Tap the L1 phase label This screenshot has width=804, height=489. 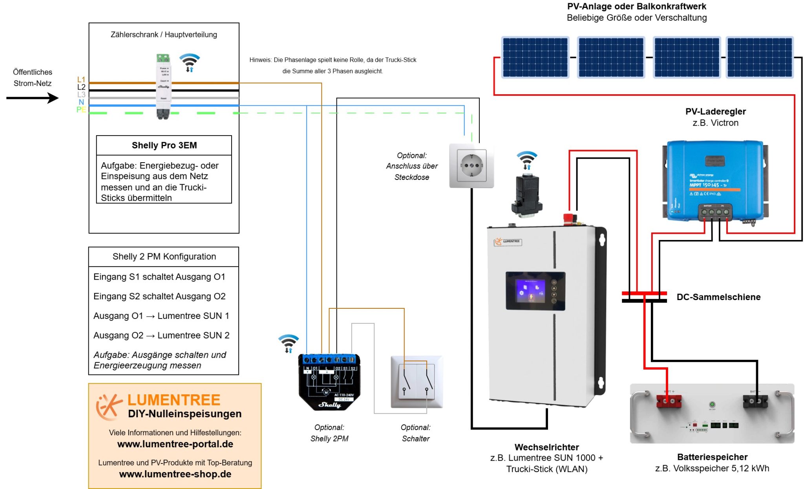81,79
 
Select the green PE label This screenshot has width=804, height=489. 81,110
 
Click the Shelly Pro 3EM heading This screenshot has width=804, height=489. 164,145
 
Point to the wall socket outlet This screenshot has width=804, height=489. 471,166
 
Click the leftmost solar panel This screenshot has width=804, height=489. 535,57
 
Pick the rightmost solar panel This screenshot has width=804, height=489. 760,57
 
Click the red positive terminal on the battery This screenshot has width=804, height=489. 669,401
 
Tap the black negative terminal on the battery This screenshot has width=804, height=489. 755,401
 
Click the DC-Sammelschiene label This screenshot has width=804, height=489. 718,297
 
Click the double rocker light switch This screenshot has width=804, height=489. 417,382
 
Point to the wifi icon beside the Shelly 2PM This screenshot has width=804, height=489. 289,343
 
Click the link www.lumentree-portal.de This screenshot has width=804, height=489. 175,444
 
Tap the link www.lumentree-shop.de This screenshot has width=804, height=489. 175,474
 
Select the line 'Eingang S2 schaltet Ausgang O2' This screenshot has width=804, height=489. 159,296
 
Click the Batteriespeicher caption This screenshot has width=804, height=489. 712,457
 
